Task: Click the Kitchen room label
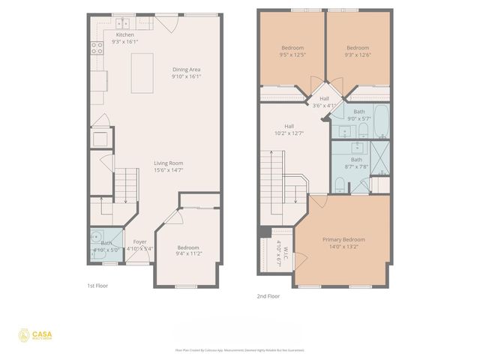point(125,34)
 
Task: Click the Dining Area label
point(185,69)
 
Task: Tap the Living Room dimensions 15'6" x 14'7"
point(169,170)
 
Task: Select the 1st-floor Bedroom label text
point(188,247)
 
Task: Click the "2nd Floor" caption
point(268,296)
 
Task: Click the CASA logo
point(35,335)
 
